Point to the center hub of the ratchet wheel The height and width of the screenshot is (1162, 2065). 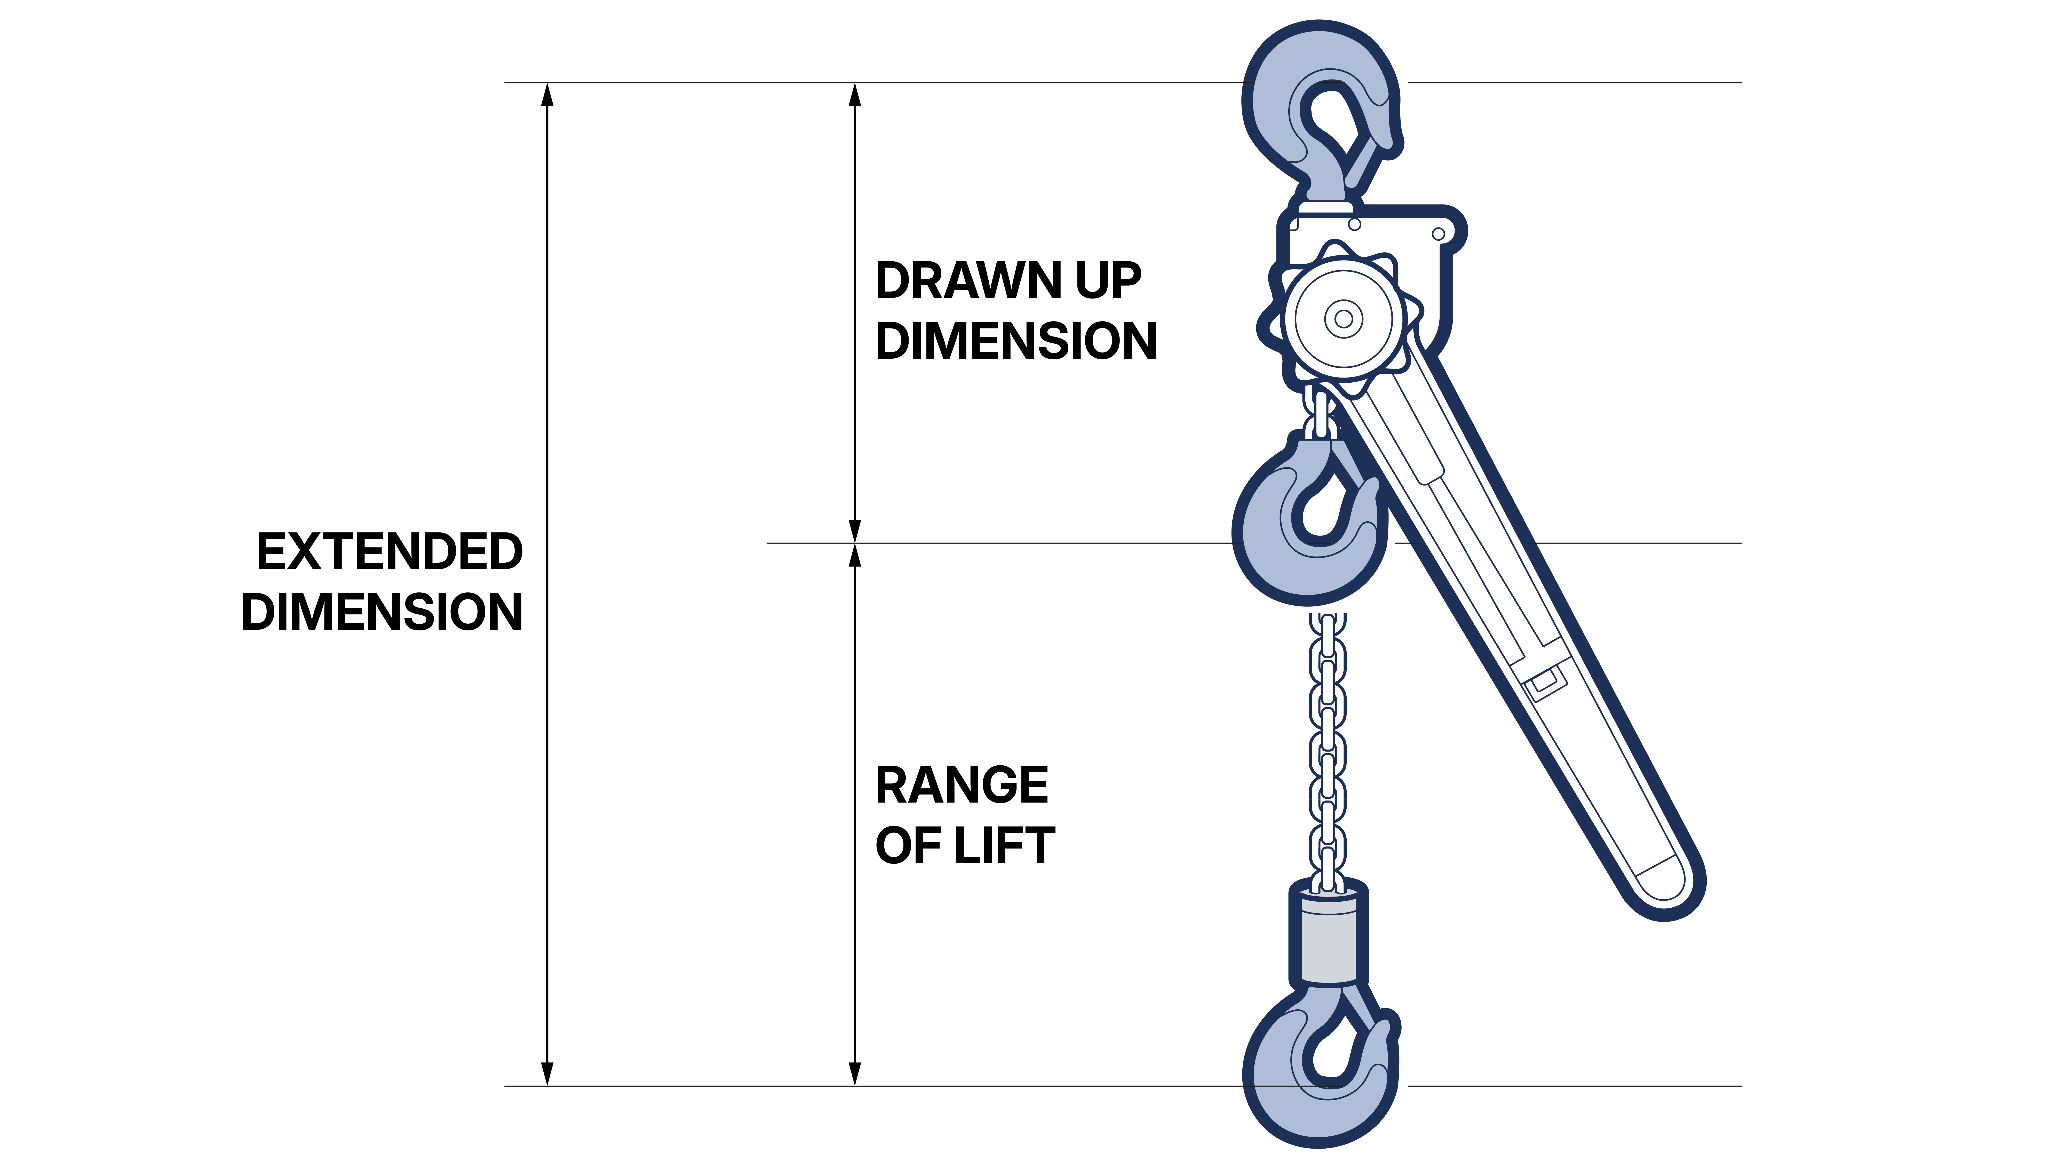pos(1344,318)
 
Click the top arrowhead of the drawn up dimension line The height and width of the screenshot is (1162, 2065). pos(855,95)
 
